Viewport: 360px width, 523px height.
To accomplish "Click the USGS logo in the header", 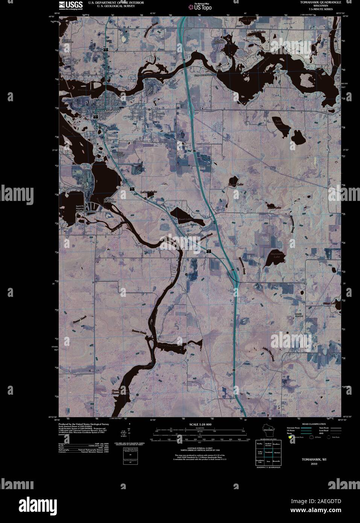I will (x=67, y=5).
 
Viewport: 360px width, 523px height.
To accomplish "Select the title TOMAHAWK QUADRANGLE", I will (x=321, y=2).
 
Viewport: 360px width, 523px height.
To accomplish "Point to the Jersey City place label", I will (x=77, y=61).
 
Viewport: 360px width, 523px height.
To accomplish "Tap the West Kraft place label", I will (x=65, y=189).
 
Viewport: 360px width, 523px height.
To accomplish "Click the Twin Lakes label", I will (x=278, y=122).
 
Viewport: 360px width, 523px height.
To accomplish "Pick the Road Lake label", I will (x=185, y=219).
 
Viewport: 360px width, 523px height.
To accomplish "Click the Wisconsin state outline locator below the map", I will (x=268, y=430).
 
